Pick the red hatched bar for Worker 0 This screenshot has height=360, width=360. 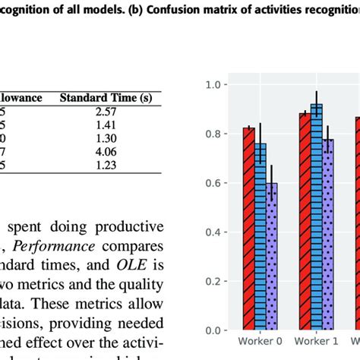(248, 229)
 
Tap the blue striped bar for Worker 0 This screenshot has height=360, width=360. (260, 237)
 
